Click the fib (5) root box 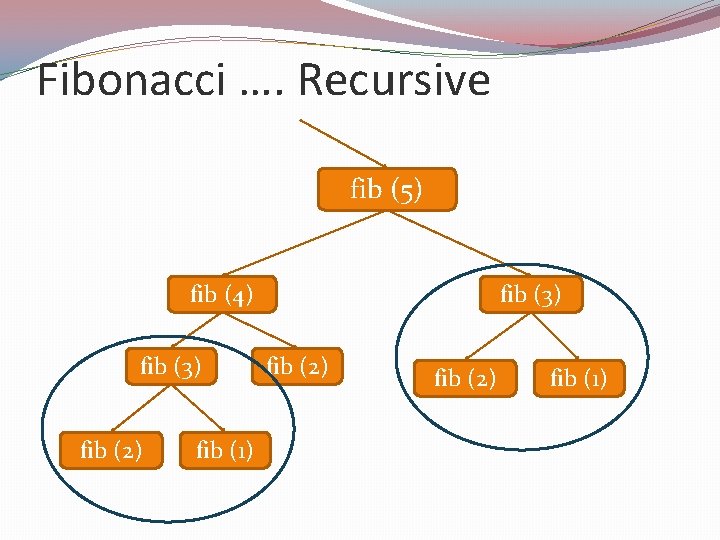click(386, 189)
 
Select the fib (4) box click(221, 294)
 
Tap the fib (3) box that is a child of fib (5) click(530, 294)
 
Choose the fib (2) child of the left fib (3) click(111, 451)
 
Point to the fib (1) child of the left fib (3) click(225, 451)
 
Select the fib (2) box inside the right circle click(465, 379)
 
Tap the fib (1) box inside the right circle click(578, 379)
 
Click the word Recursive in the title click(394, 80)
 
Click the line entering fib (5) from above click(343, 144)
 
